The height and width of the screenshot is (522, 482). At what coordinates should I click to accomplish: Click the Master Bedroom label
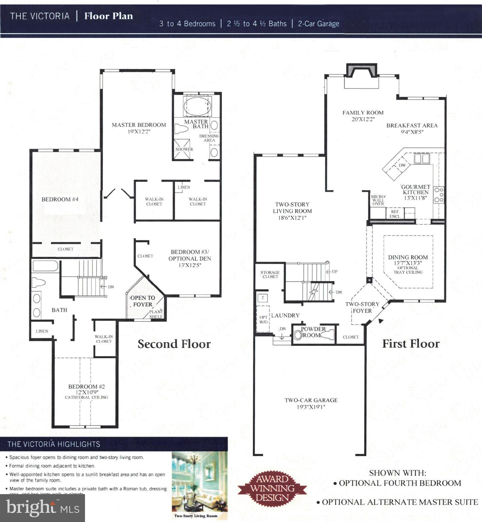pos(139,125)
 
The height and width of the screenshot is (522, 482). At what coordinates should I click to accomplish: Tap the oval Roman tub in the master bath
pos(197,106)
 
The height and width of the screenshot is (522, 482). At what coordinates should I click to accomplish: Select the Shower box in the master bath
pos(184,149)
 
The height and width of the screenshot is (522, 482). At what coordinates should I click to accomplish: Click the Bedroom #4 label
pos(60,199)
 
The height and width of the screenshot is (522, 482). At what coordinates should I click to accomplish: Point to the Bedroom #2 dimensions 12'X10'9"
pos(87,392)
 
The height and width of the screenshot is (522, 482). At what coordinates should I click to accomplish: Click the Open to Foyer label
pos(143,301)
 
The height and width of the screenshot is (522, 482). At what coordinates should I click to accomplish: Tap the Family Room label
pos(363,113)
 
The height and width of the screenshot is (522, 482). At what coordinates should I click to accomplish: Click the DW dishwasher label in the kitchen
pos(402,166)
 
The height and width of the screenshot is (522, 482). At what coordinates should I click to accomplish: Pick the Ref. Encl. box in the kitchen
pos(395,214)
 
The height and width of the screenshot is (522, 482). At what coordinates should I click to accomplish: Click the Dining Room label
pos(408,258)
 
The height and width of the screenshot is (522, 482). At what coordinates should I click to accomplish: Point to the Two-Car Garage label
pos(311,400)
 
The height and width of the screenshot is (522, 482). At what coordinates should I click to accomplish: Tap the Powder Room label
pos(313,332)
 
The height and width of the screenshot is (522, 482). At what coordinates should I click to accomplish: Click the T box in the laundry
pos(263,298)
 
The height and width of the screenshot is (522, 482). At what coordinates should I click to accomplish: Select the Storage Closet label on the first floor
pos(270,275)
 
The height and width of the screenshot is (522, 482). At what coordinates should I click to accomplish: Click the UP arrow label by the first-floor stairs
pos(334,272)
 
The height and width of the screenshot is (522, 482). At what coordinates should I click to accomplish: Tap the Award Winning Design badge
pos(272,488)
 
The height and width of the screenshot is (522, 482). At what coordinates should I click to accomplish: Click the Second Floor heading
pos(174,344)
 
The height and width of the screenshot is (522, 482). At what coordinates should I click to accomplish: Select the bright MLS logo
pos(42,508)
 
